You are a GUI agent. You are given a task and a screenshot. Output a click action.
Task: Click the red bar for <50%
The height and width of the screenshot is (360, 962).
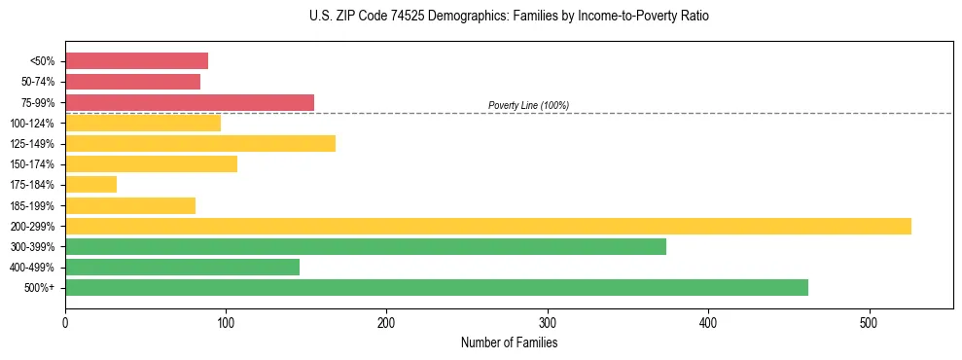pos(136,61)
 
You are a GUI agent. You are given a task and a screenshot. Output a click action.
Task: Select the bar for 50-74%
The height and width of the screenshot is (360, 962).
pos(132,82)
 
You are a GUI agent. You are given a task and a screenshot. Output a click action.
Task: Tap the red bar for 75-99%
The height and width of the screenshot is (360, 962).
pos(190,102)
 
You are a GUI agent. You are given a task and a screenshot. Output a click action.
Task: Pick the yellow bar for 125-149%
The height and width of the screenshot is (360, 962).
pos(200,144)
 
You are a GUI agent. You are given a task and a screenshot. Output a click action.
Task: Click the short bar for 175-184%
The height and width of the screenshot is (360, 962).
pos(90,185)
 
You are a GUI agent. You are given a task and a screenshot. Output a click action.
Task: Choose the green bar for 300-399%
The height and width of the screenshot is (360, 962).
pos(366,246)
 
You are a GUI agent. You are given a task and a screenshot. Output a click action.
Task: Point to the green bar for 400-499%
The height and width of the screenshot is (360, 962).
pos(182,267)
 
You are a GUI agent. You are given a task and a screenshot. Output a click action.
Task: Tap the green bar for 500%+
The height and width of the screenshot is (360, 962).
pos(437,287)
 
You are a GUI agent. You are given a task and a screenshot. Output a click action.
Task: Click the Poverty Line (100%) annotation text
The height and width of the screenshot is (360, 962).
pos(528,105)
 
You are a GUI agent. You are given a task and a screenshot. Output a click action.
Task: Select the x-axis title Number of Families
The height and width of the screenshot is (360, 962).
pos(509,342)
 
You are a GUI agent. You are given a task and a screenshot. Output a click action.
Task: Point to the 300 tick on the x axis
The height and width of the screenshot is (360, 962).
pos(548,322)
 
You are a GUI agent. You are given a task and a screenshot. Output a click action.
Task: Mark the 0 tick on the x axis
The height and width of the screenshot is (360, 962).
pos(65,322)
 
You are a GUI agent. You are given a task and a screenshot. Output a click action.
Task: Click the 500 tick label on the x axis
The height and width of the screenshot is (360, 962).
pos(870,322)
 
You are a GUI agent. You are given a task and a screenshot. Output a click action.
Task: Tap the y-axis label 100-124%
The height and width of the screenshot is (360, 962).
pos(33,124)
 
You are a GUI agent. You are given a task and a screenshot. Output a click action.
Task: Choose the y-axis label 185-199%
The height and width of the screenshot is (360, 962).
pos(33,205)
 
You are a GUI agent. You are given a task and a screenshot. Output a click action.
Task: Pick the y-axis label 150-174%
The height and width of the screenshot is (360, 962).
pos(33,164)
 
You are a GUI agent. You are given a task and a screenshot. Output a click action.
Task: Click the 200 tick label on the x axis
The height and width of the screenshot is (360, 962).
pos(387,322)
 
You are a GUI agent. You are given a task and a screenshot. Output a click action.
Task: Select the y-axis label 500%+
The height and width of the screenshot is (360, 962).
pos(40,288)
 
